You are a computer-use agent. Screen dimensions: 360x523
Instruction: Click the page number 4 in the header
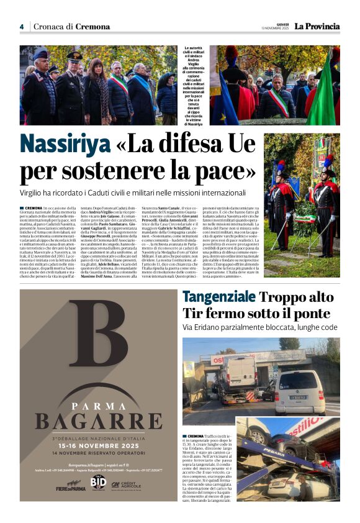click(x=21, y=27)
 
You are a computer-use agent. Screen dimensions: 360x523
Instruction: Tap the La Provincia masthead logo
click(x=317, y=26)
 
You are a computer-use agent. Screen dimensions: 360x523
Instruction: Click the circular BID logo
click(x=98, y=483)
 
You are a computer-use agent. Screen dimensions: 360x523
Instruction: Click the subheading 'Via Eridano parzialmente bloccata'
click(x=259, y=327)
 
